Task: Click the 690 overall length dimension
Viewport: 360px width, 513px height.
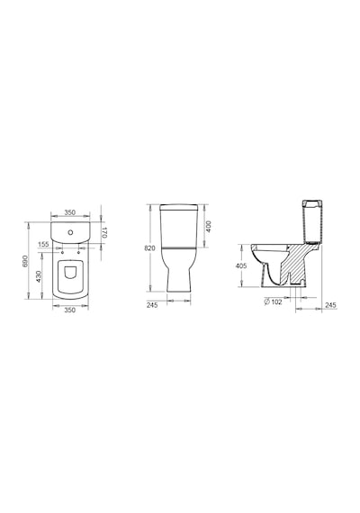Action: [x=25, y=261]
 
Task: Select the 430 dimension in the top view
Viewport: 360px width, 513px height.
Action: [x=39, y=276]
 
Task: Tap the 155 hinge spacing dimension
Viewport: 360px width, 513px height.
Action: [x=43, y=244]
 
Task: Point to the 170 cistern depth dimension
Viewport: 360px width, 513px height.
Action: [x=103, y=232]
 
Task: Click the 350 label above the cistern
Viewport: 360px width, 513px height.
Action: [x=69, y=212]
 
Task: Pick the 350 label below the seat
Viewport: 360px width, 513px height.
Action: [x=69, y=310]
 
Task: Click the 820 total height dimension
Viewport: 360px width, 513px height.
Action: [x=149, y=248]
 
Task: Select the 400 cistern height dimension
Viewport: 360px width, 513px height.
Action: [x=209, y=227]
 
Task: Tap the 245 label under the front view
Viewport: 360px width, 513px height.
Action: [x=152, y=305]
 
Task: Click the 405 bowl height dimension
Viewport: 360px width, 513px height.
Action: [x=241, y=266]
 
